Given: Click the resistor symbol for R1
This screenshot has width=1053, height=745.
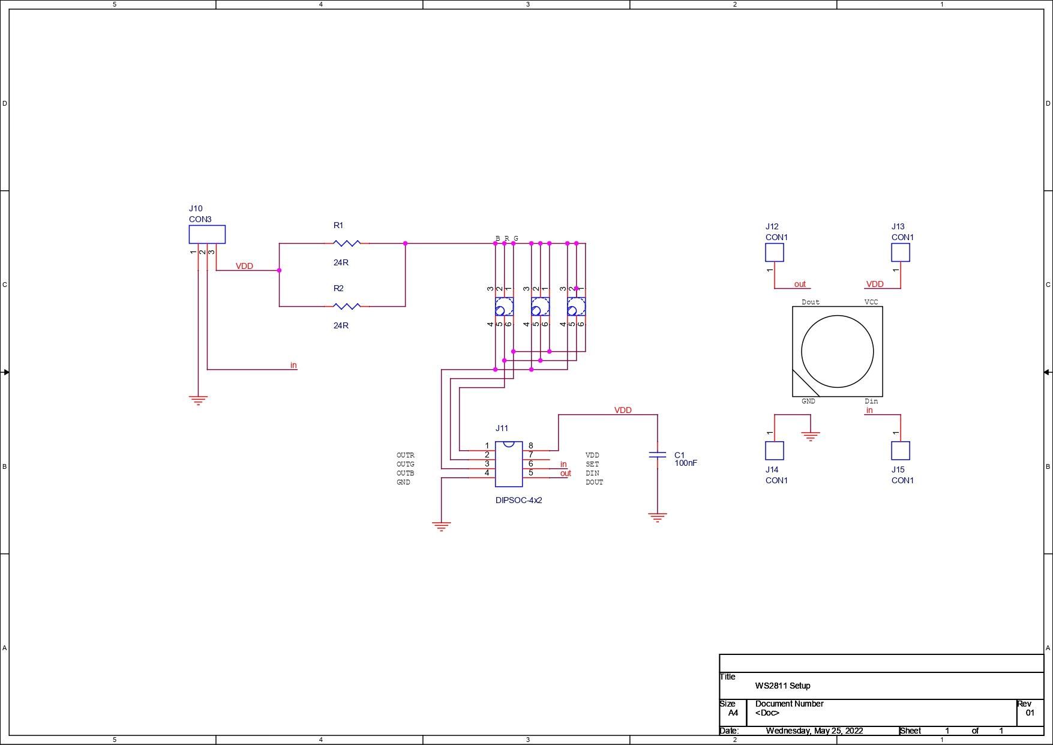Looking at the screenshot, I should (347, 243).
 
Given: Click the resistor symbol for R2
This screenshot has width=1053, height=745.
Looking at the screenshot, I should (347, 306).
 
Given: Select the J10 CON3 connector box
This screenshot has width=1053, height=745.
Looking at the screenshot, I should (207, 234).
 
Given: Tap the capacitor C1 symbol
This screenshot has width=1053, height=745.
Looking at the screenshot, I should (658, 455).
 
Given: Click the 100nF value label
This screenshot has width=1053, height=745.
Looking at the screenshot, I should (686, 463).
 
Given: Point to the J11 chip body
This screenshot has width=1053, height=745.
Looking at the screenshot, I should (509, 464).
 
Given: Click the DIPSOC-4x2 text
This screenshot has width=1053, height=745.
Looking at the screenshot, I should (518, 500).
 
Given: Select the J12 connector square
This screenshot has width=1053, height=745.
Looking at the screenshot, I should (775, 252).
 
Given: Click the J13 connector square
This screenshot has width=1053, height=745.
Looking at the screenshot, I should (901, 252).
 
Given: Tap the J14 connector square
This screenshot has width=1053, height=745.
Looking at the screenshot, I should (775, 451).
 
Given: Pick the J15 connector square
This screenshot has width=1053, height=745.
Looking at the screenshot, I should (901, 451).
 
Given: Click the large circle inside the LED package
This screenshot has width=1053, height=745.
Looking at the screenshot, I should (837, 352).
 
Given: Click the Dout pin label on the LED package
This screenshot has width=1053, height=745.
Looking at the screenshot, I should (810, 302).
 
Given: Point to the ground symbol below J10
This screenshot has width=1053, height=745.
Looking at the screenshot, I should (198, 400).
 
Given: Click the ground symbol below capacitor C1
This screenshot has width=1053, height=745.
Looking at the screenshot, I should (658, 517).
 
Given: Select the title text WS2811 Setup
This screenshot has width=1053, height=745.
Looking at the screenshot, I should (782, 686).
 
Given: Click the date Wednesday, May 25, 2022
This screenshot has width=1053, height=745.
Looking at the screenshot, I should (814, 731).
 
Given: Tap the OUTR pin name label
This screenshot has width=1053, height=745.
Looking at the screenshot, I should (405, 455).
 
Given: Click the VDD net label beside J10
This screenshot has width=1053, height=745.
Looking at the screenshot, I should (244, 266).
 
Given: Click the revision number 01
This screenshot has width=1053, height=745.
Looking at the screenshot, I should (1030, 713).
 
